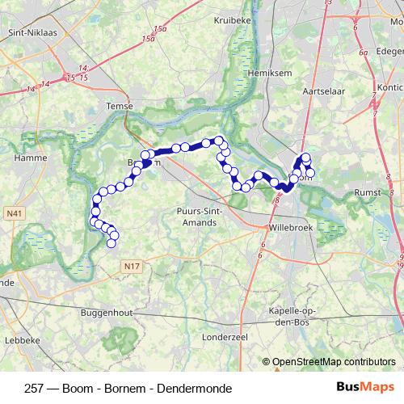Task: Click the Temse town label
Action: click(x=119, y=106)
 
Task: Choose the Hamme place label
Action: click(x=29, y=161)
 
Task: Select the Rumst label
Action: click(x=369, y=193)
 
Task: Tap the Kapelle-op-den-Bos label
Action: click(x=302, y=317)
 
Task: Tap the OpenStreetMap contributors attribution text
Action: click(x=333, y=363)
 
